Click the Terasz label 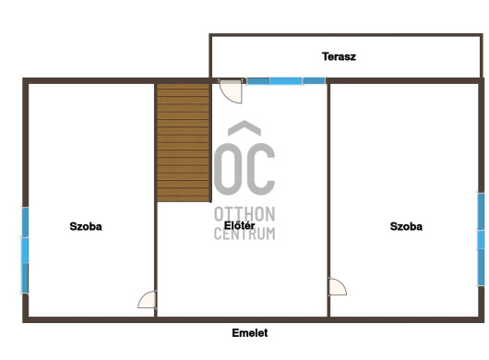coord(339,56)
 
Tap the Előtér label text coord(240,225)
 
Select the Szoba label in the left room coord(86,226)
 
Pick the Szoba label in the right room coord(406,226)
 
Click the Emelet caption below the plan coord(250,333)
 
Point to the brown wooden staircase coord(183,142)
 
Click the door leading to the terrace coord(231,91)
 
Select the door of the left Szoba coord(148,299)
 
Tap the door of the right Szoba coord(338,287)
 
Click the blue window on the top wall coord(286,81)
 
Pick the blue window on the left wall coord(25,250)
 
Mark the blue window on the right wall coord(482,239)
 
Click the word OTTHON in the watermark coord(244,214)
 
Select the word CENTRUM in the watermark coord(244,234)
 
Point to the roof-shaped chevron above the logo coord(244,127)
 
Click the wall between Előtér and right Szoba coord(328,200)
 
